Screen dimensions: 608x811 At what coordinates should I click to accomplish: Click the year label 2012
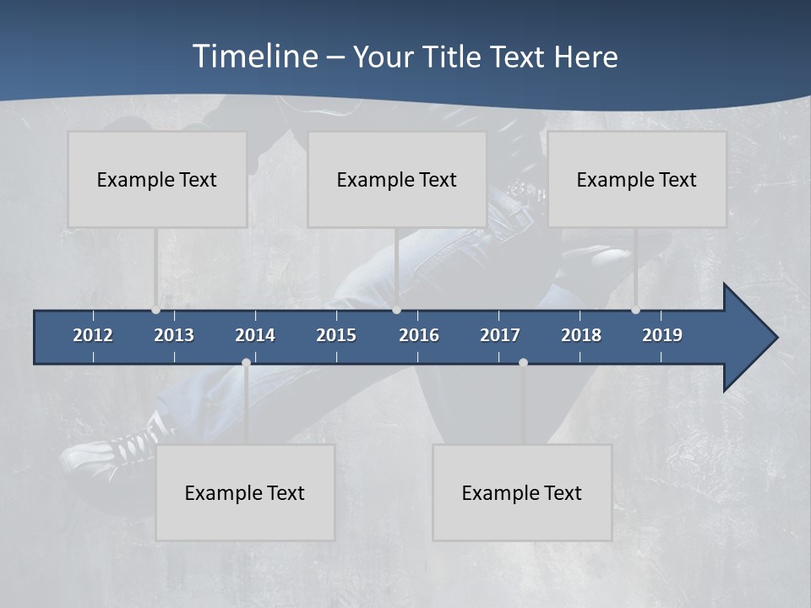pos(93,335)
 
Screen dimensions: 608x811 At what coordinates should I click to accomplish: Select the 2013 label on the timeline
pos(174,335)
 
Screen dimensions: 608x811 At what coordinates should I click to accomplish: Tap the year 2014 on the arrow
pos(255,335)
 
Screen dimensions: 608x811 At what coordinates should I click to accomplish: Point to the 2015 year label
pos(336,335)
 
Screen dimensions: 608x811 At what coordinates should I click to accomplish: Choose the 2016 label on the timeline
pos(419,335)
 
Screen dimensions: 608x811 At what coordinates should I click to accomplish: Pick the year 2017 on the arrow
pos(500,335)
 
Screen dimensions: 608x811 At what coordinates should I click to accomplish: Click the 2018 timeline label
pos(581,335)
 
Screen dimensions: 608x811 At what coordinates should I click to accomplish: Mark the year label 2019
pos(662,335)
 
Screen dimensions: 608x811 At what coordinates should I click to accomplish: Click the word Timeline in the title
pos(254,57)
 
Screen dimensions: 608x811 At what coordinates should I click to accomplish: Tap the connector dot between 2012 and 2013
pos(155,310)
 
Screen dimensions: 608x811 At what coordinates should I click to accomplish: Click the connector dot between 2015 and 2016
pos(396,310)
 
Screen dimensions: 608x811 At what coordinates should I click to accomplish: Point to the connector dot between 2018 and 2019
pos(635,310)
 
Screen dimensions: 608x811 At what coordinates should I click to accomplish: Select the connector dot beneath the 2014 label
pos(246,363)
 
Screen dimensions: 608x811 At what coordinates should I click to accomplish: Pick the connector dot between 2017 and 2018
pos(523,363)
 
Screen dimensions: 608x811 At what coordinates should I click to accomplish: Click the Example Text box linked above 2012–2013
pos(157,179)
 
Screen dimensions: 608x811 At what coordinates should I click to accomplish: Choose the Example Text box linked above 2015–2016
pos(397,179)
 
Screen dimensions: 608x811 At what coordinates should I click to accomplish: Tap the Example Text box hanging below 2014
pos(245,492)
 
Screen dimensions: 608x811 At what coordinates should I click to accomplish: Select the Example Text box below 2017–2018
pos(522,492)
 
